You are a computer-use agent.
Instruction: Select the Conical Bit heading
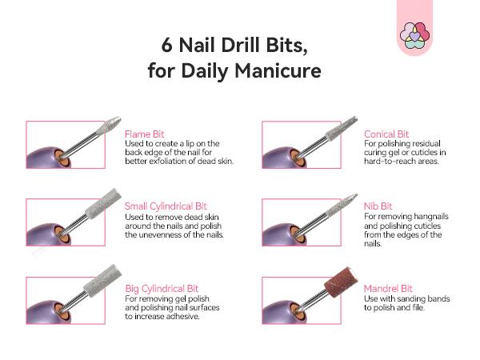coord(386,134)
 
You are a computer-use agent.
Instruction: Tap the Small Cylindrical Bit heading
coord(166,206)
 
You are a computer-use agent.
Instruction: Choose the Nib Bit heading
coord(378,206)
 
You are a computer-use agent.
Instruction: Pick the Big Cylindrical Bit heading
coord(162,287)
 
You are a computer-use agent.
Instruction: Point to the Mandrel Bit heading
coord(388,287)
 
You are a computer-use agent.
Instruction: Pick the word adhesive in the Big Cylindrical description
coord(200,316)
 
